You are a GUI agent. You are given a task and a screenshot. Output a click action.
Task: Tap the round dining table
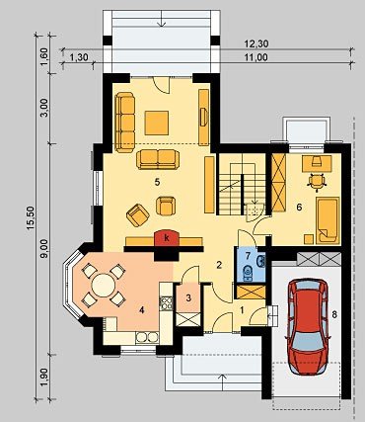pos(104,286)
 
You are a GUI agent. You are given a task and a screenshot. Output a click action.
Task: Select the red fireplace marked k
pos(167,238)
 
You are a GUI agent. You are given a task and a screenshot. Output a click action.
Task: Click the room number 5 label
pos(157,182)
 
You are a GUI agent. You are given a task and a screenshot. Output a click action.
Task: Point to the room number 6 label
pos(299,208)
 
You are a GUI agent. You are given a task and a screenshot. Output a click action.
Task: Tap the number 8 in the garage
pos(334,314)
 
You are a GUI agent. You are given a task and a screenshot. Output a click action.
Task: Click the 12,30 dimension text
pos(256,43)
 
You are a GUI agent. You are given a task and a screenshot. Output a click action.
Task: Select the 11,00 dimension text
pos(256,57)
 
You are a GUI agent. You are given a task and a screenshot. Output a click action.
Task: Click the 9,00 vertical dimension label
pos(45,249)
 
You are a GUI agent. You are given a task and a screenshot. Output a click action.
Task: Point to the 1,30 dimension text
pos(79,57)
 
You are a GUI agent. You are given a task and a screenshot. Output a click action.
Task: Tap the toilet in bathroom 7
pos(247,273)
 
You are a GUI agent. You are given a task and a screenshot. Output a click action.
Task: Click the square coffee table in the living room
pos(157,123)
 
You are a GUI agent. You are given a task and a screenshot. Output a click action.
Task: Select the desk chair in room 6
pos(317,181)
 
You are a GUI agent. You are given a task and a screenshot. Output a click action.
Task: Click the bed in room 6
pos(328,220)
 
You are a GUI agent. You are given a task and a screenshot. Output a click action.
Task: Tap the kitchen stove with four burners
pos(166,303)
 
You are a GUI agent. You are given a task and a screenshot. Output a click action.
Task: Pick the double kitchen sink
pos(147,337)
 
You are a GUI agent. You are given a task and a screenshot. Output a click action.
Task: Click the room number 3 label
pos(188,298)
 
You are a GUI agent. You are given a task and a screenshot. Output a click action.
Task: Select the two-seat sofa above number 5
pos(158,159)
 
